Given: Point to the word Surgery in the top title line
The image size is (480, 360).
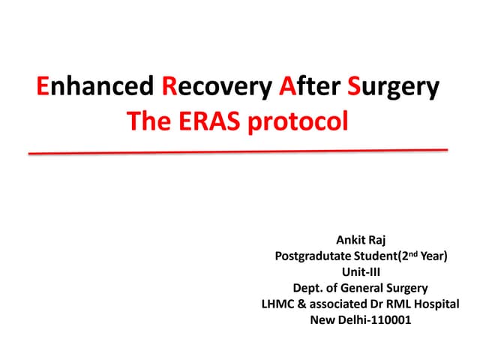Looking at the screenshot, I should click(393, 89).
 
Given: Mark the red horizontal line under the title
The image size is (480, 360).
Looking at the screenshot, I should click(238, 151).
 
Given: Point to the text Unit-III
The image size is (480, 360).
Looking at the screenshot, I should click(361, 273).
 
